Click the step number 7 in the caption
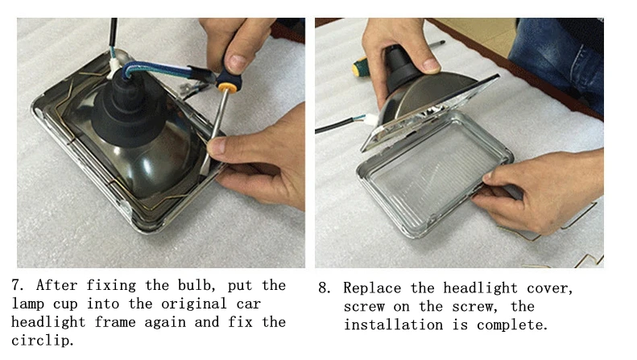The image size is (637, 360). click(x=16, y=285)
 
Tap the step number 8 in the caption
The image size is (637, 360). click(x=323, y=288)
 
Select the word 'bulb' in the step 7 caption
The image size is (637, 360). click(x=194, y=285)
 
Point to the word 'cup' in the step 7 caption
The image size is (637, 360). click(x=65, y=304)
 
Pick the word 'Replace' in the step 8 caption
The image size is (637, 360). click(x=372, y=288)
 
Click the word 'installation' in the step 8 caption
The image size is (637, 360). click(x=393, y=325)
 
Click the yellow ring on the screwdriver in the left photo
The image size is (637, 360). click(x=226, y=87)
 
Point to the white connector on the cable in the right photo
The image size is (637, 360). click(x=370, y=120)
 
